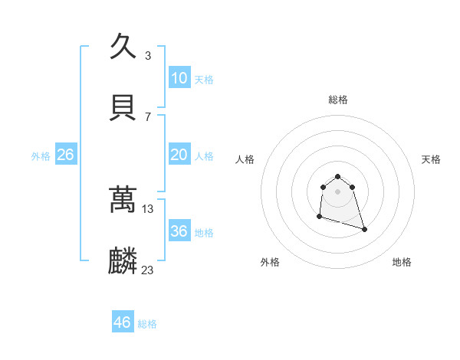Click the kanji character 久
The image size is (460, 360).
click(x=123, y=47)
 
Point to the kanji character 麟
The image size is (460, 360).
click(x=123, y=261)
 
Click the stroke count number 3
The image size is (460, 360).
click(x=147, y=55)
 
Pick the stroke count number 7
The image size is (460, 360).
click(x=147, y=116)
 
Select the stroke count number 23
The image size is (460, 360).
click(x=149, y=270)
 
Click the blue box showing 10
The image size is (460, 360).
click(x=179, y=78)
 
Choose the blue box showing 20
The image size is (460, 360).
click(x=179, y=155)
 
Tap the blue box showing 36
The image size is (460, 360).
click(x=179, y=231)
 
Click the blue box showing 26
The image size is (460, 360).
click(x=65, y=155)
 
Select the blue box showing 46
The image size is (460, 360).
click(x=123, y=322)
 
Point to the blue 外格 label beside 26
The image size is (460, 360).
click(x=41, y=156)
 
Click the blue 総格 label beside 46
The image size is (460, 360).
click(x=147, y=324)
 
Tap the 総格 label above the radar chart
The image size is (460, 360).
click(x=338, y=100)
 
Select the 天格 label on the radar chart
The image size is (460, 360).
click(x=431, y=159)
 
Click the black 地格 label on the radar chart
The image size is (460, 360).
click(x=402, y=262)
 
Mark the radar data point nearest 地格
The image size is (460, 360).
click(x=364, y=229)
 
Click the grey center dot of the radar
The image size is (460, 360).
click(x=338, y=191)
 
